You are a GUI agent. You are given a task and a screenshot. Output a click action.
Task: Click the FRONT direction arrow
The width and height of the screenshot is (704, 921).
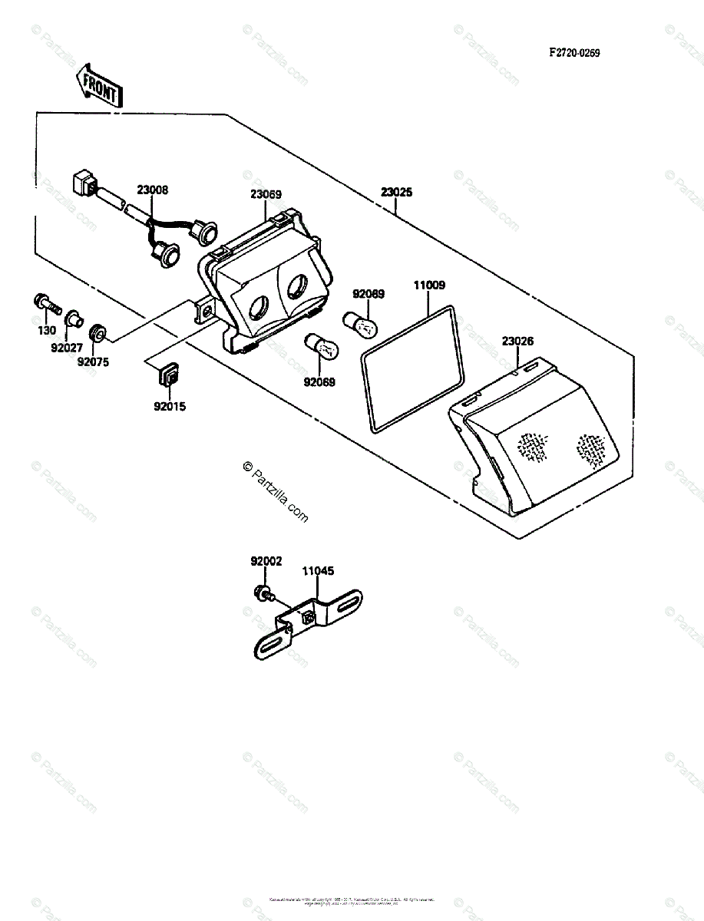[x=98, y=85]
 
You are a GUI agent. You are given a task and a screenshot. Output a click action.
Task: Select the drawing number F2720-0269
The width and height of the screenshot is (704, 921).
[x=573, y=53]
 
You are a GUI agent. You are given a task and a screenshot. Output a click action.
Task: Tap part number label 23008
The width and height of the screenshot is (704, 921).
[x=153, y=190]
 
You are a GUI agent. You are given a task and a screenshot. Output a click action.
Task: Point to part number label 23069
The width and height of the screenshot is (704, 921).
[x=266, y=194]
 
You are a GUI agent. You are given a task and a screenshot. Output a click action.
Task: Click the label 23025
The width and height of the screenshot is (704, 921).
[x=396, y=193]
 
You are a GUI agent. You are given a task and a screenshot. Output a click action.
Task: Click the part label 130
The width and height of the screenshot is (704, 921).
[x=48, y=331]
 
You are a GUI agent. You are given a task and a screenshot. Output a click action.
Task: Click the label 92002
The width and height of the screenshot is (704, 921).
[x=266, y=561]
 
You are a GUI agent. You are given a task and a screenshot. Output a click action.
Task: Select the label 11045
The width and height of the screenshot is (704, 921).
[x=318, y=571]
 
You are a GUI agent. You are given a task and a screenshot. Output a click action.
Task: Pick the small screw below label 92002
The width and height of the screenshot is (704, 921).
[x=263, y=593]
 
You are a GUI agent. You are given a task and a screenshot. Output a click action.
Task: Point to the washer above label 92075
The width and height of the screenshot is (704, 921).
[x=98, y=334]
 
